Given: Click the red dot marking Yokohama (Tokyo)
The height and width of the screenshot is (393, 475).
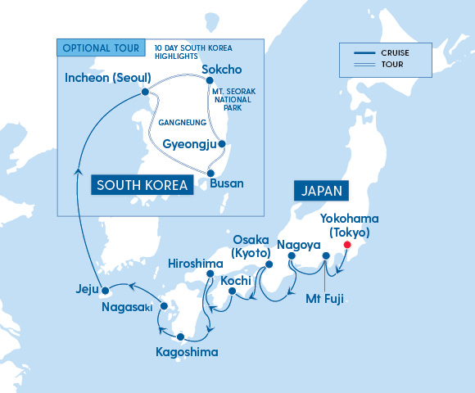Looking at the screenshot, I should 346,245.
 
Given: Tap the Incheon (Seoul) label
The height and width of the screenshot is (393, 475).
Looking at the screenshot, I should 106,79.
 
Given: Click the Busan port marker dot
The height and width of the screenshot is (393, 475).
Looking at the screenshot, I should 212,172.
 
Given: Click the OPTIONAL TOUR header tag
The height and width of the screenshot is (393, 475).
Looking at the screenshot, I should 101,47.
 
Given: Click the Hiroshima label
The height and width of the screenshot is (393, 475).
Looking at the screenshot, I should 195,264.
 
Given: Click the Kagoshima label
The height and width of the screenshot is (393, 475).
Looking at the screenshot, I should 186,353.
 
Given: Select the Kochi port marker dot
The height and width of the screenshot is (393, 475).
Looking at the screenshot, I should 233,291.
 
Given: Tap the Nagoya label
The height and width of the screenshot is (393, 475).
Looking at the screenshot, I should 298,244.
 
